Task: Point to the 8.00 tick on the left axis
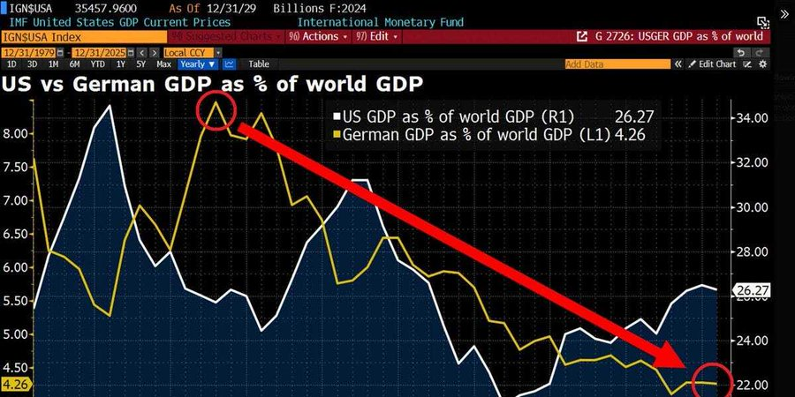(x=16, y=134)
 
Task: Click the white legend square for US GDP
(x=336, y=116)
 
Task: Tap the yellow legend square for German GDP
(x=336, y=135)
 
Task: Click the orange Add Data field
(x=618, y=64)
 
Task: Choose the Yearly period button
(x=198, y=64)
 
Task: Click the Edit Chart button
(x=716, y=64)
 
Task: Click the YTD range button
(x=98, y=64)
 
